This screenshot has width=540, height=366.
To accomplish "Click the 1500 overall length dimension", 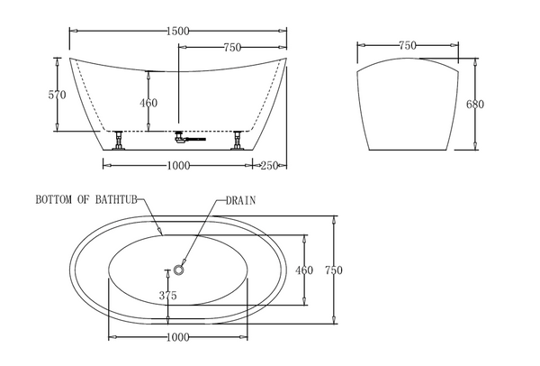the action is pos(177,31).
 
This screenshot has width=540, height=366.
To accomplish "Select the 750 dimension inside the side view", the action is pos(232,47).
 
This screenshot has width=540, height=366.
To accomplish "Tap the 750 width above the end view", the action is pos(408,45).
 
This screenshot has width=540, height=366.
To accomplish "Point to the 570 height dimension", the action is pos(57,95).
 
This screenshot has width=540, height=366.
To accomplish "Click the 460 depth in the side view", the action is pos(148,103).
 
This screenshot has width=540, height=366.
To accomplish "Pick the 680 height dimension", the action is pos(475,104).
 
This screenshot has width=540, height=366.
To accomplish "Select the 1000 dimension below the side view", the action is pos(178,166).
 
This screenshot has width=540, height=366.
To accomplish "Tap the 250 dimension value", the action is pos(269,166).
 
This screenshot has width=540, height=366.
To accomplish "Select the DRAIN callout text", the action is pos(240,200).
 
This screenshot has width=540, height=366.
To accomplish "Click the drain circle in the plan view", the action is pos(179,270).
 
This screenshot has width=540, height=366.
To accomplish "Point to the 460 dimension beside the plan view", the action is pos(304,270).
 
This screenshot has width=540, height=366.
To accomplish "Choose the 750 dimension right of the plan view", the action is pos(334,270).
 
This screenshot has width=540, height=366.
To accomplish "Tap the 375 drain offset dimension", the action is pos(167,296).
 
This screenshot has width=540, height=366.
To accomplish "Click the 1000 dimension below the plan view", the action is pos(178,337).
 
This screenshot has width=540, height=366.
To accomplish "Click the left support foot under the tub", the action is pos(119,141).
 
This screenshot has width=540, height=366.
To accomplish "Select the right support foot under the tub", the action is pos(238,141).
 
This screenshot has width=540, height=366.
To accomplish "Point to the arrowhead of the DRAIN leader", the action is pos(184,262).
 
